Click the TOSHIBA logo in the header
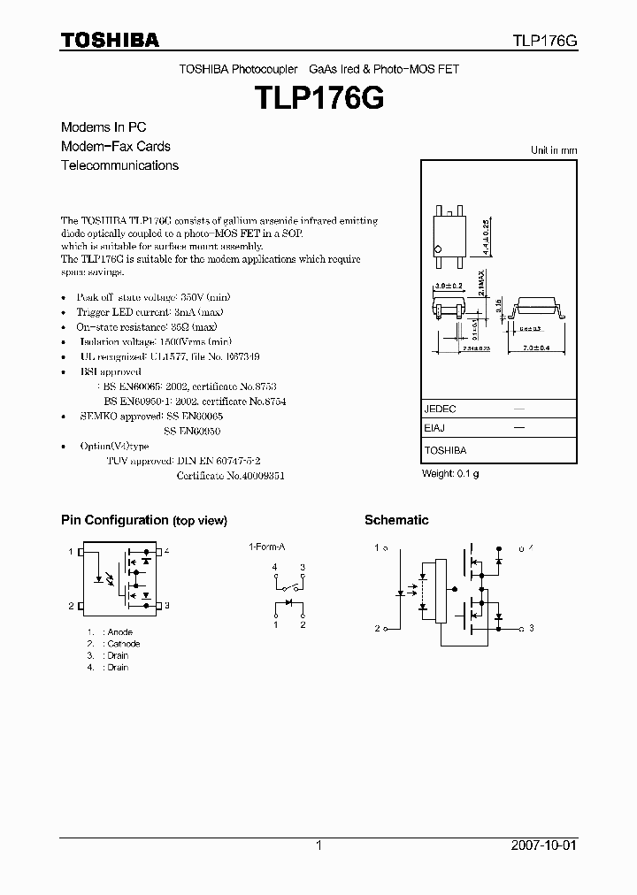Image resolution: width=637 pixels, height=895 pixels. pyautogui.click(x=110, y=40)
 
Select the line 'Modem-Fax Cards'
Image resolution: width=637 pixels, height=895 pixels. pyautogui.click(x=116, y=146)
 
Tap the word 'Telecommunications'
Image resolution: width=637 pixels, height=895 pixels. pyautogui.click(x=119, y=165)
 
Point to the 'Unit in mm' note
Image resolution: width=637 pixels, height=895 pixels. pyautogui.click(x=553, y=150)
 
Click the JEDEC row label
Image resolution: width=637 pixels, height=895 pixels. pyautogui.click(x=441, y=409)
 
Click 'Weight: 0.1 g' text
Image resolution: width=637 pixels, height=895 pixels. pyautogui.click(x=450, y=474)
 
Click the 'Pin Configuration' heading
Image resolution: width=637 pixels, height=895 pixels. pyautogui.click(x=114, y=520)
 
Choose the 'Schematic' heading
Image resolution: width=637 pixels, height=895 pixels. pyautogui.click(x=396, y=520)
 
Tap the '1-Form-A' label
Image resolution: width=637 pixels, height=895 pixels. pyautogui.click(x=265, y=547)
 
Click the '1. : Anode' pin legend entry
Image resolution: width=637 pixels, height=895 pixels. pyautogui.click(x=110, y=632)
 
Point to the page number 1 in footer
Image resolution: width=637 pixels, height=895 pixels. pyautogui.click(x=318, y=845)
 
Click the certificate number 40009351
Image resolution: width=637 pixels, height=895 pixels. pyautogui.click(x=257, y=475)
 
